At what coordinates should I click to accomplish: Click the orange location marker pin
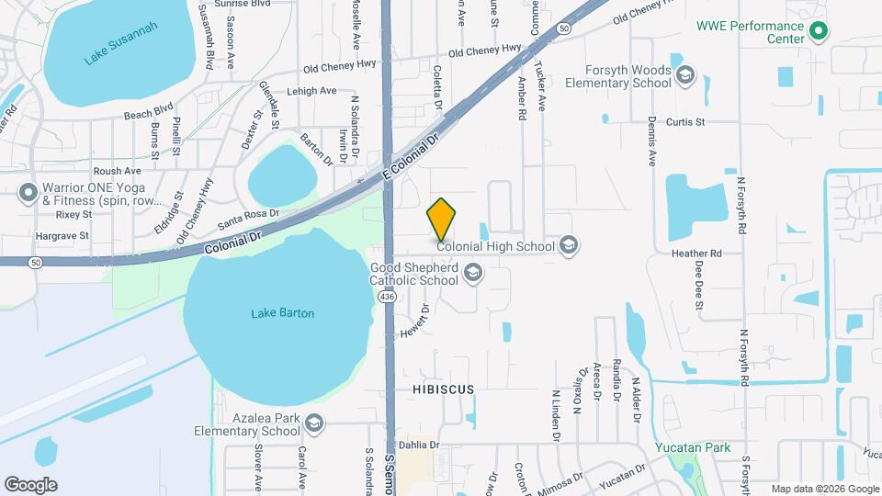(441, 219)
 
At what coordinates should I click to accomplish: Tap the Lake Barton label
(283, 313)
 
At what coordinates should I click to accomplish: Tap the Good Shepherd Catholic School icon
(473, 272)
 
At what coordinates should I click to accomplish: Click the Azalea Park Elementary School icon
(314, 423)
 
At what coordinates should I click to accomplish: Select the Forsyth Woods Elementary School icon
(684, 74)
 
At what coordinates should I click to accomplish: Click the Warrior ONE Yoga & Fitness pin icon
(28, 193)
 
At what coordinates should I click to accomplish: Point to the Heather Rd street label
(696, 254)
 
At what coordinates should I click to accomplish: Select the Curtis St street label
(685, 121)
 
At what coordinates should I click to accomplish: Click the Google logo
(30, 484)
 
